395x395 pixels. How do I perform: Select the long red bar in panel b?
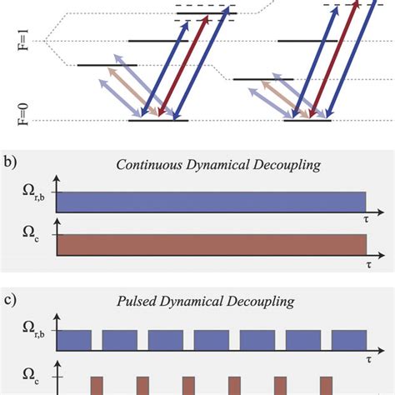point(211,244)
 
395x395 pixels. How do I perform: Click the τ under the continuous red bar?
point(366,262)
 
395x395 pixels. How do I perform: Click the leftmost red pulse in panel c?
point(97,385)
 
